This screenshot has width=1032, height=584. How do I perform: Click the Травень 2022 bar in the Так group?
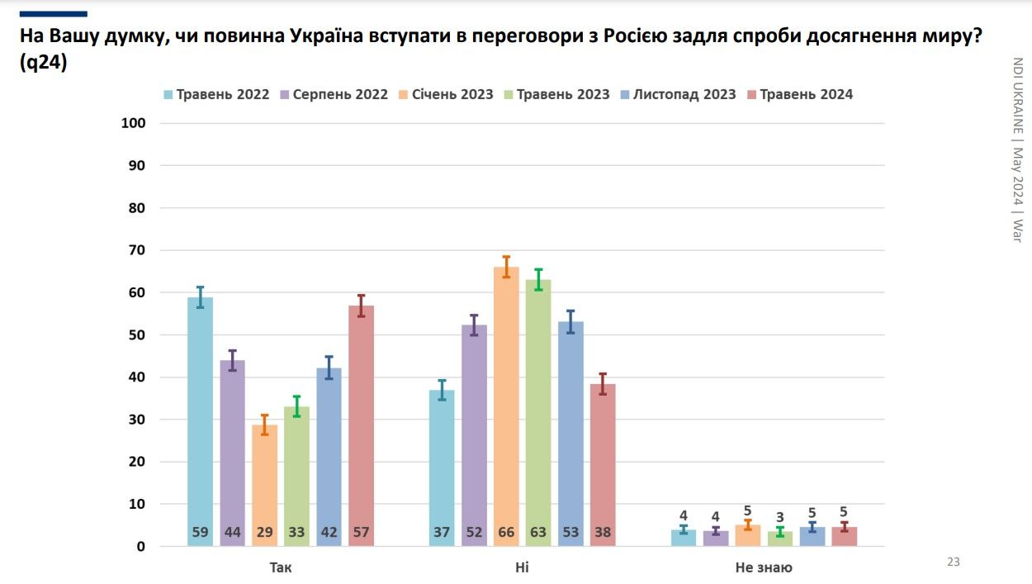pyautogui.click(x=200, y=421)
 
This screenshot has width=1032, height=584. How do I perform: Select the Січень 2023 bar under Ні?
pyautogui.click(x=506, y=405)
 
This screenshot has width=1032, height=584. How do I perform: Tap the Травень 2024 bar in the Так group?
pyautogui.click(x=361, y=425)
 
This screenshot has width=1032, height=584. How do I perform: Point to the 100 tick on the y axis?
pyautogui.click(x=134, y=124)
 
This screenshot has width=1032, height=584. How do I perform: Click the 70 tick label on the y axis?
pyautogui.click(x=136, y=250)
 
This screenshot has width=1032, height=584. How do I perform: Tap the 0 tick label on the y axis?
pyautogui.click(x=141, y=547)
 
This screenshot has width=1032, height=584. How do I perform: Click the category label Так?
pyautogui.click(x=281, y=567)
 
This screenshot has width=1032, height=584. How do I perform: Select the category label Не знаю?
pyautogui.click(x=764, y=567)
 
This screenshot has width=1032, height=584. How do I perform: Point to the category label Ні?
pyautogui.click(x=522, y=567)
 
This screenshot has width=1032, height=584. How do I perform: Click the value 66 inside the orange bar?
pyautogui.click(x=506, y=533)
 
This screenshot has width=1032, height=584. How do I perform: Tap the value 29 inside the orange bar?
pyautogui.click(x=264, y=533)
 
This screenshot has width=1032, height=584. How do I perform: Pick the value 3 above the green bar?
pyautogui.click(x=779, y=518)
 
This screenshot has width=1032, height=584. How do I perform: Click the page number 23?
pyautogui.click(x=954, y=563)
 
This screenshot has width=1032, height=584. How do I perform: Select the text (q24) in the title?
pyautogui.click(x=43, y=63)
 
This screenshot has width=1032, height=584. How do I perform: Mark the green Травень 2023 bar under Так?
pyautogui.click(x=296, y=475)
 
